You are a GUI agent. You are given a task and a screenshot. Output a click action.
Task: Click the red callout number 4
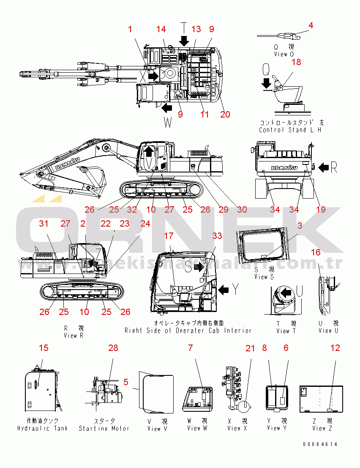[311, 25]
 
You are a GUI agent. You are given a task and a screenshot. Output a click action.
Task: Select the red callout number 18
[296, 62]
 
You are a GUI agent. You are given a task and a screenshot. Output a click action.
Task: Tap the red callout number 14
[161, 29]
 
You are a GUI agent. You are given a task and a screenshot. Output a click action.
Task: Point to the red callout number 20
[225, 114]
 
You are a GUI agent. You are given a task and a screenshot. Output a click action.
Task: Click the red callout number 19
[321, 209]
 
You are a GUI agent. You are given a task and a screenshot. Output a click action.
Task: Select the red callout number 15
[44, 348]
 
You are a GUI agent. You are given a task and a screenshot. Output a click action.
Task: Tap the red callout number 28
[113, 348]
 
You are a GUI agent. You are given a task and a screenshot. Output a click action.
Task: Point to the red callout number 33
[217, 235]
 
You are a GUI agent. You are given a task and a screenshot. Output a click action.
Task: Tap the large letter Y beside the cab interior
[236, 290]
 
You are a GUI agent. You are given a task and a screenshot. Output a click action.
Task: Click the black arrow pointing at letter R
[323, 168]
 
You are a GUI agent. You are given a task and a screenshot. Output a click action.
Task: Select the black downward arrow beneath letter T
[184, 41]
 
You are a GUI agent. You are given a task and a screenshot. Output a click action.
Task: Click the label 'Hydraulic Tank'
[43, 428]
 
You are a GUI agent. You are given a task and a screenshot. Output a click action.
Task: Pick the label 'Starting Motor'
[104, 428]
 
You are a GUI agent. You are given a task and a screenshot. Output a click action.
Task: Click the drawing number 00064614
[320, 444]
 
